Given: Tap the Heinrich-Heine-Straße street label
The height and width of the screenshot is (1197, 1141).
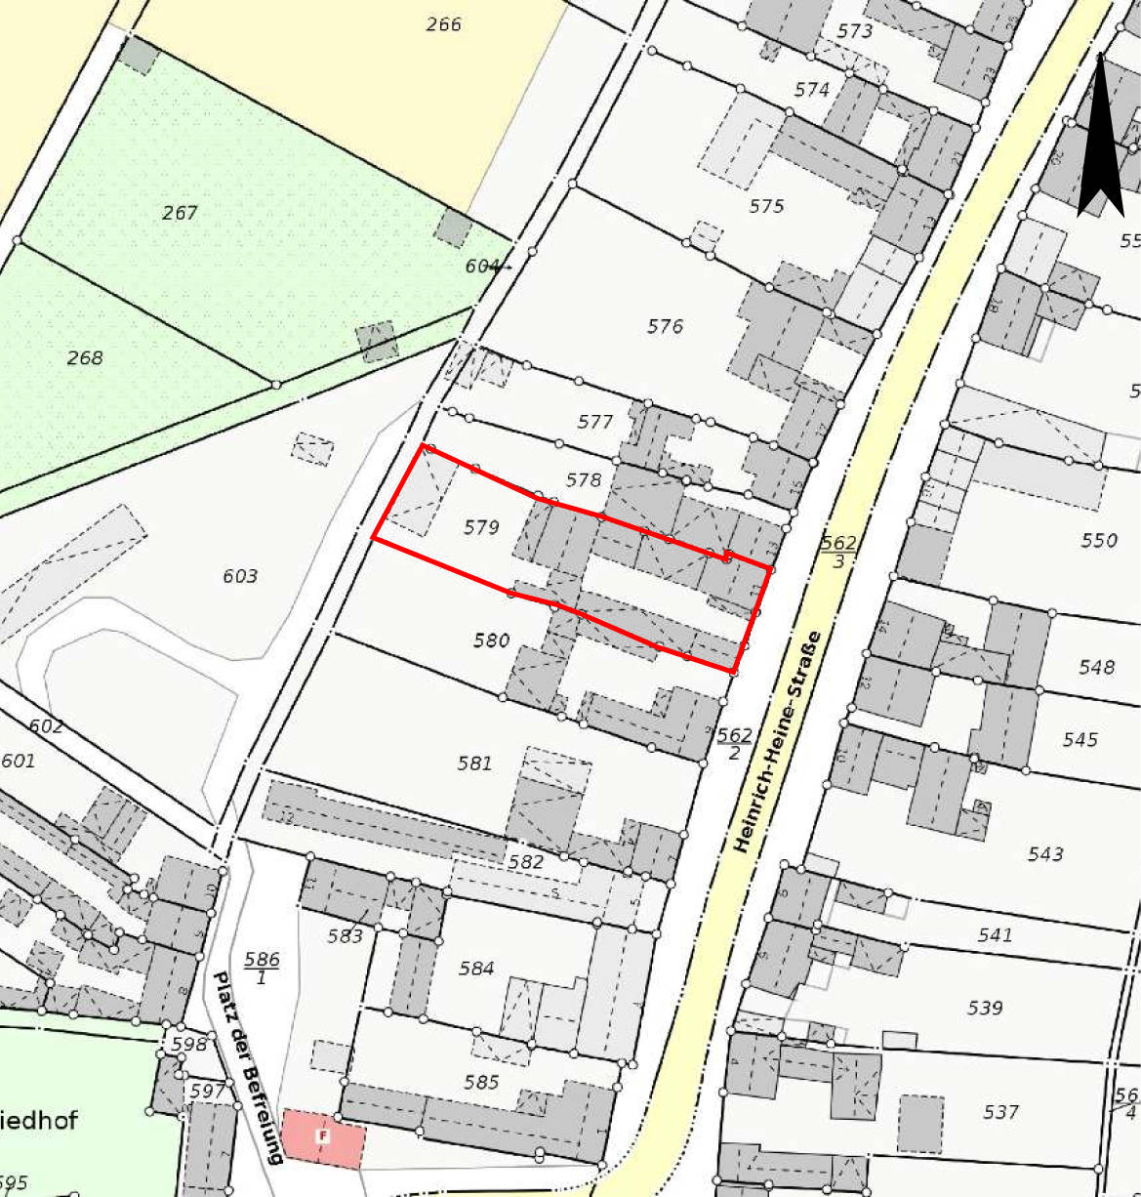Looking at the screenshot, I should tap(778, 742).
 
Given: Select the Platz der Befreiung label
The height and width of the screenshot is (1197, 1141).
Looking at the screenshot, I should tap(248, 1066).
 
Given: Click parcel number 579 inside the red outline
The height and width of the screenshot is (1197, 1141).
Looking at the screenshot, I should tap(481, 527).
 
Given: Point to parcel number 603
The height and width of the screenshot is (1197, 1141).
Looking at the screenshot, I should tap(240, 576).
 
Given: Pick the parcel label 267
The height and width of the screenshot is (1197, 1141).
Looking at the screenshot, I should tap(180, 212).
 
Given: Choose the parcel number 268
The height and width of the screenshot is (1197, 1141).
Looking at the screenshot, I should tap(85, 357).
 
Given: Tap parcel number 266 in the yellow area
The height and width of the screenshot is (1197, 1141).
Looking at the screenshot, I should tap(443, 24).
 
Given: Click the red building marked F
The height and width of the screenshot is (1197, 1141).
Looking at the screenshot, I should tap(323, 1137).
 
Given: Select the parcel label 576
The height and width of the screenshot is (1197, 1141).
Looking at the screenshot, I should tap(665, 326).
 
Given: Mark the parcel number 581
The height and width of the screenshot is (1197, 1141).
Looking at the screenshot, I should tap(474, 763).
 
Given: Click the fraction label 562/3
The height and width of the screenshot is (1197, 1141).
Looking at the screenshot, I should tap(838, 552).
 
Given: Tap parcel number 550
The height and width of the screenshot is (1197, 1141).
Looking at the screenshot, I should tap(1099, 540).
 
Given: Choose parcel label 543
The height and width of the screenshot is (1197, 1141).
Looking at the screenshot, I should tap(1045, 854).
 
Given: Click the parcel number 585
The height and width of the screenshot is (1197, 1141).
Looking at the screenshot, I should tap(481, 1082).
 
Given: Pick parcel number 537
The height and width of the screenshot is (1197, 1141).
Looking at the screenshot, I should tap(1000, 1111).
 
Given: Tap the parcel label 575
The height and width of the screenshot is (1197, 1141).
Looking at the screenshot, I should tap(766, 206).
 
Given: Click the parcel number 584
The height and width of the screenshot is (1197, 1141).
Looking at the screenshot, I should tap(476, 968).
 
